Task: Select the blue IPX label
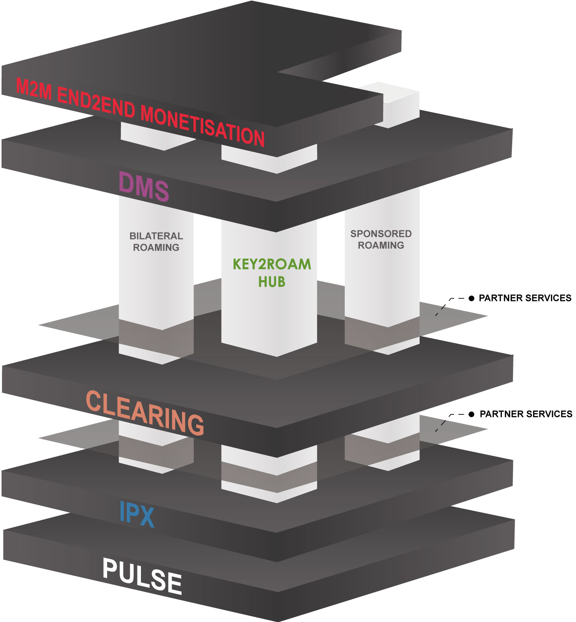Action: click(x=137, y=514)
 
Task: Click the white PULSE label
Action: click(x=142, y=575)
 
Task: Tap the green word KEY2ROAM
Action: click(x=272, y=264)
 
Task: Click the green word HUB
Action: click(x=271, y=282)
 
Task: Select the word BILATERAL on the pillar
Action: click(x=156, y=236)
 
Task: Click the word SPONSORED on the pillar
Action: click(x=381, y=234)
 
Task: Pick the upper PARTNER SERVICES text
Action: click(x=525, y=298)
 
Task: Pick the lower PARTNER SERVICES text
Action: click(x=526, y=414)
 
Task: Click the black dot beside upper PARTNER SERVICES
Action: click(x=471, y=298)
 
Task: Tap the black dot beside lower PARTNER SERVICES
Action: click(x=472, y=414)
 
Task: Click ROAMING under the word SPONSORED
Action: click(x=381, y=245)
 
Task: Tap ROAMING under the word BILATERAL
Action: click(x=156, y=248)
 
